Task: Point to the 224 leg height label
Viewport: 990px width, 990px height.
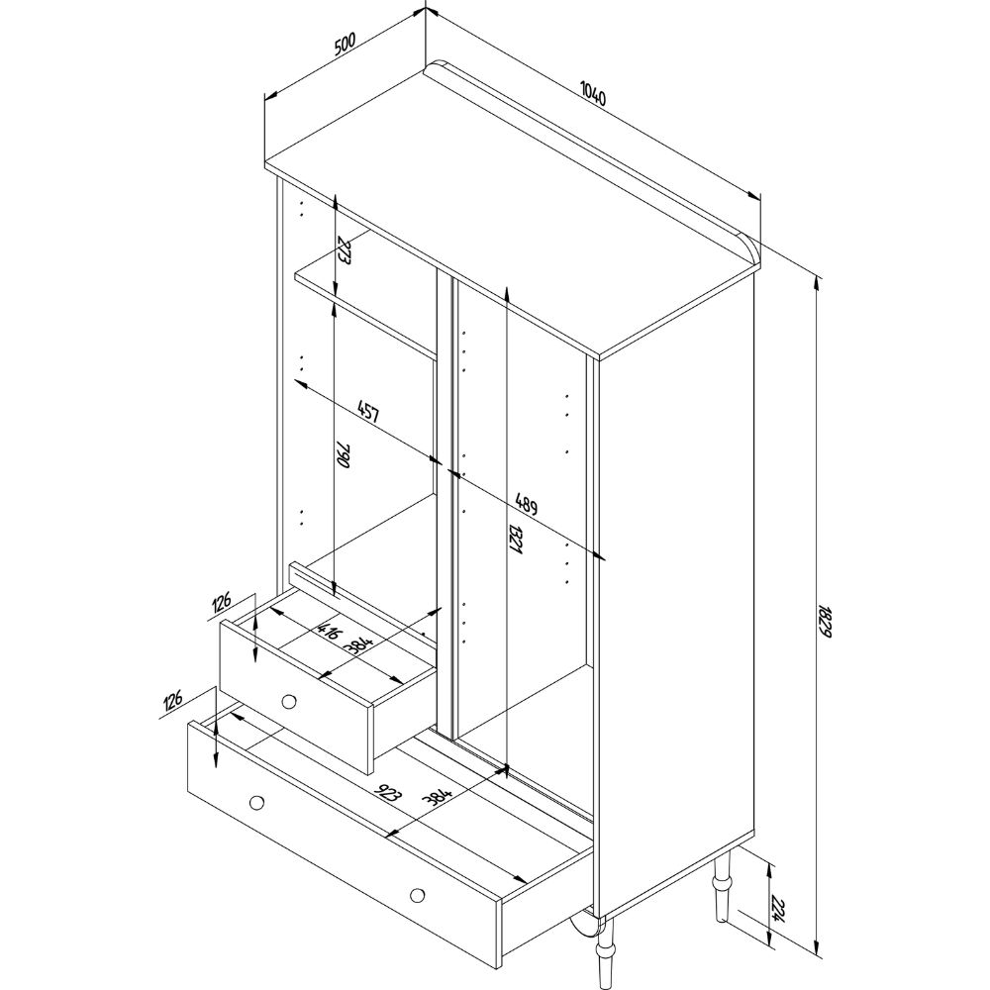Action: coord(779,908)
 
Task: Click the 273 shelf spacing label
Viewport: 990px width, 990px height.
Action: coord(345,250)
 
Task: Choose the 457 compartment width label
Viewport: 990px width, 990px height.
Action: coord(368,411)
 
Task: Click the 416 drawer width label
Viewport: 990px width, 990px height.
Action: coord(330,631)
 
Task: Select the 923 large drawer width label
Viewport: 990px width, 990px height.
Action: coord(387,793)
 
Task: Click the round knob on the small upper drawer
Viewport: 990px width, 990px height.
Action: coord(288,701)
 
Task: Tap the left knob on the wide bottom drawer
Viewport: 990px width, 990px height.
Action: coord(256,801)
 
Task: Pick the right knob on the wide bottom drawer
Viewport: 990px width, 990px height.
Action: coord(417,895)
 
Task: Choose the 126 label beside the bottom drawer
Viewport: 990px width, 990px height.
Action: coord(172,702)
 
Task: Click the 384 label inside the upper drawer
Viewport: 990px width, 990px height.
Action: coord(359,645)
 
